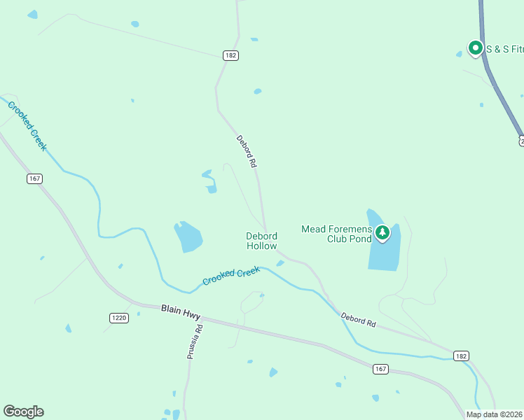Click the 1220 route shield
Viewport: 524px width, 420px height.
(119, 318)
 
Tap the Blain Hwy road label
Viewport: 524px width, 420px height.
(181, 310)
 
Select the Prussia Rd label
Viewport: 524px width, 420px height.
(194, 342)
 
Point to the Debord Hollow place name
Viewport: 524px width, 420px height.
(261, 241)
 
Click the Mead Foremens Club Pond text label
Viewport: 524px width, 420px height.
(337, 233)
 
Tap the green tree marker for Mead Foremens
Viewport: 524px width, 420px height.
(382, 232)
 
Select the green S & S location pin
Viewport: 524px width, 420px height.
(476, 48)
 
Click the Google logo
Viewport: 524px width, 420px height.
(23, 412)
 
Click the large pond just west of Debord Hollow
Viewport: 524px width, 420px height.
(188, 237)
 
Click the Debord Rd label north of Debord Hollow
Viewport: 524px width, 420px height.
(247, 151)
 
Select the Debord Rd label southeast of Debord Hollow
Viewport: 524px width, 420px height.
(359, 321)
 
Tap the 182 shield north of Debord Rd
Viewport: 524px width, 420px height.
(231, 55)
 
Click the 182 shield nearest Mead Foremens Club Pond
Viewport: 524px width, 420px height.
(460, 356)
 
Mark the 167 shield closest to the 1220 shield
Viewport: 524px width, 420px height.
(35, 178)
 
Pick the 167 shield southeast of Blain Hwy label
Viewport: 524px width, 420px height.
(380, 369)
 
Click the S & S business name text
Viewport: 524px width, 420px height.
(504, 49)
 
